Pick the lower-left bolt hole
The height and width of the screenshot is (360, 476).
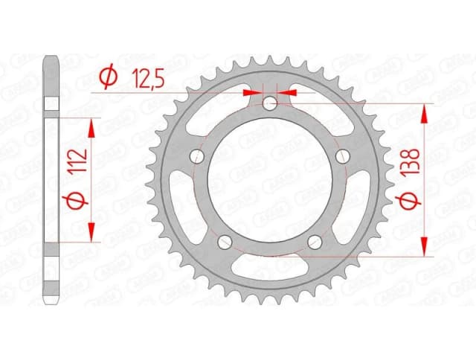[x=225, y=241]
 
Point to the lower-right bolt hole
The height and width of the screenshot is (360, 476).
[x=315, y=241]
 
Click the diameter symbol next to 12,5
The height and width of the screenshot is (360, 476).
[x=107, y=77]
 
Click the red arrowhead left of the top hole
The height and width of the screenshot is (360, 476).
[x=251, y=93]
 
